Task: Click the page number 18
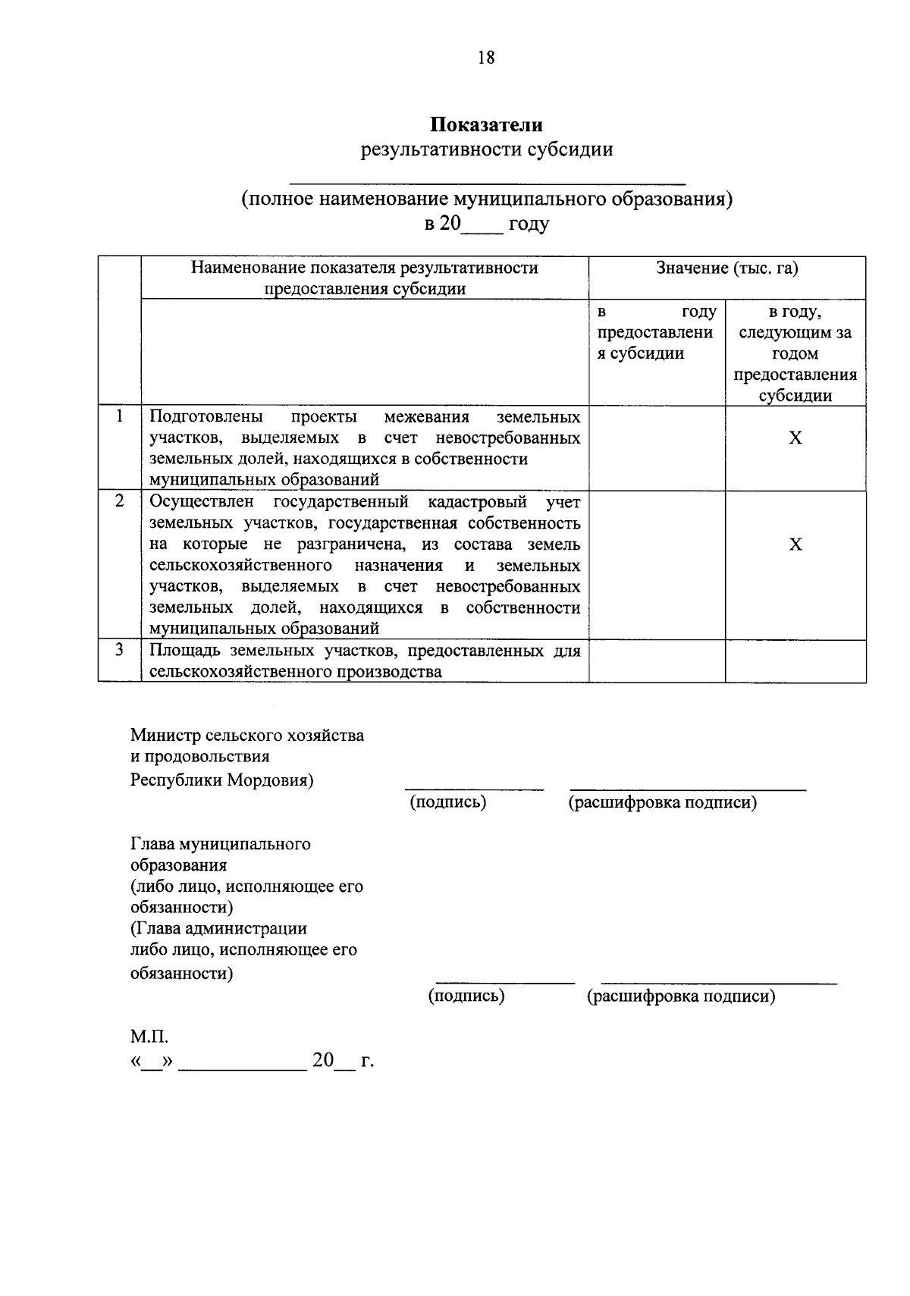point(486,58)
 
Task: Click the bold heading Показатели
point(486,124)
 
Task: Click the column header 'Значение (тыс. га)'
point(726,268)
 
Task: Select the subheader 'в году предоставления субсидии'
point(656,333)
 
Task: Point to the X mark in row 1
point(795,438)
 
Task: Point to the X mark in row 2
point(795,544)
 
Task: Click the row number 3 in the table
point(119,650)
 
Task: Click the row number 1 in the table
point(119,416)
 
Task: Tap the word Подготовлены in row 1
point(206,417)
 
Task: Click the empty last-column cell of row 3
point(795,661)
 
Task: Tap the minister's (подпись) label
point(447,802)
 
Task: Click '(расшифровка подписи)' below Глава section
point(680,996)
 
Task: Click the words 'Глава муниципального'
point(220,844)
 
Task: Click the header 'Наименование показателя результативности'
point(364,268)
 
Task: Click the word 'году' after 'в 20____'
point(529,224)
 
